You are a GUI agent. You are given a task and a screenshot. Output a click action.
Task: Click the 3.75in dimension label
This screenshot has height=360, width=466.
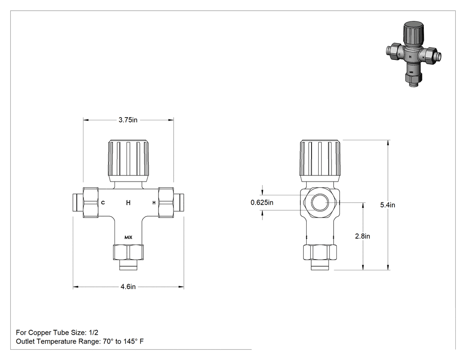(128, 120)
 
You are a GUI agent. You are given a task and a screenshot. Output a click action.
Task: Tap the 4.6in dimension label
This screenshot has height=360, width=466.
(128, 287)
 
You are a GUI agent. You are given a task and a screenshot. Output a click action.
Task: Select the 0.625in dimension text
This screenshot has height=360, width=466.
(262, 202)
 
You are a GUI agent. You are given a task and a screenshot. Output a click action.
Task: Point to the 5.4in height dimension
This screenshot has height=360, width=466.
(387, 205)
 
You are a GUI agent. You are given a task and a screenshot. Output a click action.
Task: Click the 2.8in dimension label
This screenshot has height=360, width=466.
(363, 236)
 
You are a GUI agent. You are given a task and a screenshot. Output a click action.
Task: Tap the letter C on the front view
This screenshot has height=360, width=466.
(103, 203)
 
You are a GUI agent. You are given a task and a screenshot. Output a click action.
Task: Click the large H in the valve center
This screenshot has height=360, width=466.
(128, 203)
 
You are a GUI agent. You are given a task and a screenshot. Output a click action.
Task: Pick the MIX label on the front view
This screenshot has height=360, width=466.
(128, 237)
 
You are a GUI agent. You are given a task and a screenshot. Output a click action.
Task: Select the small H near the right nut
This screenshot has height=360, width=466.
(154, 203)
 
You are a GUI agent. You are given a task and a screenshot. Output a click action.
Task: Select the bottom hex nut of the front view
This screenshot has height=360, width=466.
(128, 252)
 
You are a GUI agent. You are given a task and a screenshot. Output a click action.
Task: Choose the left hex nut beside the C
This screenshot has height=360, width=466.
(91, 202)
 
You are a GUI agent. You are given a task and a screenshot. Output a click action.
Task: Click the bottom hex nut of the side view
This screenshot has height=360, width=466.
(320, 252)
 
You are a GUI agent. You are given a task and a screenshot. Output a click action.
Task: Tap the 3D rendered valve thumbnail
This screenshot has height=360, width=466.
(413, 54)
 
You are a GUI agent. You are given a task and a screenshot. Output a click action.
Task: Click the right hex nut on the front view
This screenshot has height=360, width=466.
(166, 202)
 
